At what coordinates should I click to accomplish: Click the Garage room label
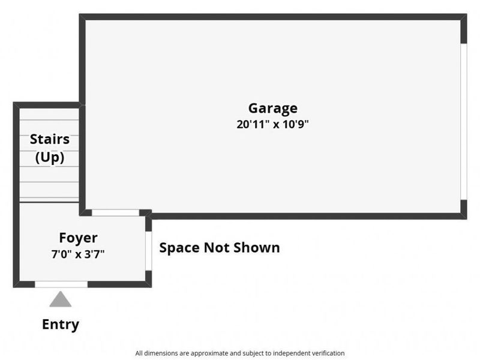(x=273, y=109)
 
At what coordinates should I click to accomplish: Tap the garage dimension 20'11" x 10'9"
(x=272, y=124)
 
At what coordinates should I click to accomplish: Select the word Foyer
(x=78, y=238)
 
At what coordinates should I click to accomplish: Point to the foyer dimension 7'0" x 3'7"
(x=78, y=254)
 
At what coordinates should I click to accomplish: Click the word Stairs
(x=50, y=139)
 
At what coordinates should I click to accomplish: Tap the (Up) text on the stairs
(x=50, y=157)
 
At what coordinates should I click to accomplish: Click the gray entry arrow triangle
(x=61, y=299)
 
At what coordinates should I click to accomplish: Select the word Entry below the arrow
(x=61, y=325)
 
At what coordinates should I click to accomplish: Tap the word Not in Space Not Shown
(x=216, y=247)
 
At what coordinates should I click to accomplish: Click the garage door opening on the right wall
(x=464, y=122)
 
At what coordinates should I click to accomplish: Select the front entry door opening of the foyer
(x=61, y=284)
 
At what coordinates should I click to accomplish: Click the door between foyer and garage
(x=115, y=212)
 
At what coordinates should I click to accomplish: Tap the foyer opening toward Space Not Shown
(x=148, y=251)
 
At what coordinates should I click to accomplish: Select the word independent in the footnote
(x=290, y=353)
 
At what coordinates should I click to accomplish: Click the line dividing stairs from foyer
(x=49, y=202)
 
